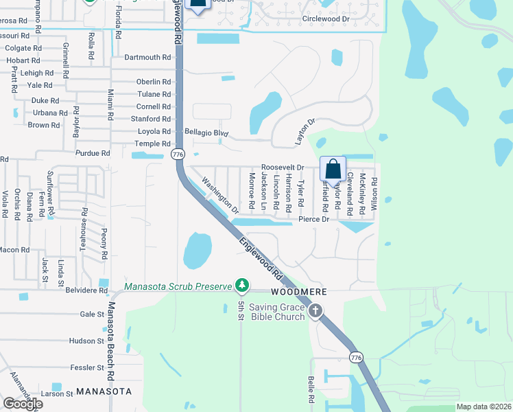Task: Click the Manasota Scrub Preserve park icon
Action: click(x=241, y=284)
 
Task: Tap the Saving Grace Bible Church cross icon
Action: click(x=315, y=312)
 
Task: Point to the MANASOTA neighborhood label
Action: click(x=104, y=391)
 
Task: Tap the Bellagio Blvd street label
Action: click(x=206, y=132)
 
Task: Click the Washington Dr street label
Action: click(x=219, y=194)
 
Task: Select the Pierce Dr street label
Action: click(x=315, y=220)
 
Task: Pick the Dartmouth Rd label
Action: click(x=147, y=58)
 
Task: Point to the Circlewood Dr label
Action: click(x=326, y=19)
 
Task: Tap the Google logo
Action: click(x=23, y=404)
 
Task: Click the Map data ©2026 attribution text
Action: click(x=484, y=407)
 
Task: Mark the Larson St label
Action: click(x=56, y=394)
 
